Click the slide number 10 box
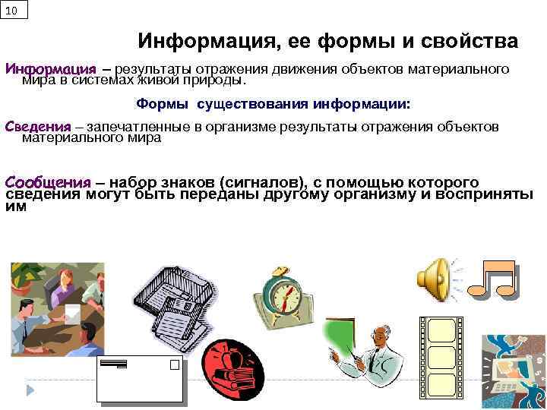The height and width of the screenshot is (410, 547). (14, 10)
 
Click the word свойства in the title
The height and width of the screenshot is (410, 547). (466, 41)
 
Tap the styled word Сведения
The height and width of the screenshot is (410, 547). (38, 127)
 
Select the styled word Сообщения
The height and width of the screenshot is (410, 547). (48, 183)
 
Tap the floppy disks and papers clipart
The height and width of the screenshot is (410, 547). (175, 300)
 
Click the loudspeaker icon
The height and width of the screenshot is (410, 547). (436, 279)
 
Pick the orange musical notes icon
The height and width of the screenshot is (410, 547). (492, 280)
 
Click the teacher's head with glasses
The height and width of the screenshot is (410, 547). (379, 333)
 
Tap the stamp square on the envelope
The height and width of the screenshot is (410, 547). (175, 364)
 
